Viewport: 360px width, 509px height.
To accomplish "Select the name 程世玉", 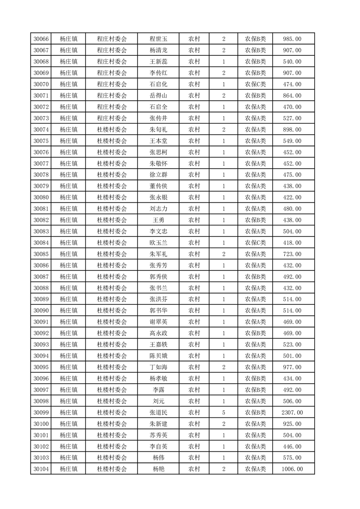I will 158,39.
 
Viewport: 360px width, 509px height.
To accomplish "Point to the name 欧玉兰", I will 158,243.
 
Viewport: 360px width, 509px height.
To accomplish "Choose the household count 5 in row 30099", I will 224,412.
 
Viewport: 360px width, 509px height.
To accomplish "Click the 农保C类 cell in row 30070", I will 256,84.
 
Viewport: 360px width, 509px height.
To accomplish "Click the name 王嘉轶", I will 158,344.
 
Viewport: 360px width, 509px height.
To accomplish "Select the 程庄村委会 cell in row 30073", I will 112,118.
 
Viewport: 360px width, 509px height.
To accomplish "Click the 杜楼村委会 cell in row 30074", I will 112,130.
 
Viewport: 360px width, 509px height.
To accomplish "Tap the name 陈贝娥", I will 158,356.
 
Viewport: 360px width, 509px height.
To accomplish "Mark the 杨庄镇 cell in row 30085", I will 69,254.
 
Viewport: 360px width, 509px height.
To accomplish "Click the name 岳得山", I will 158,96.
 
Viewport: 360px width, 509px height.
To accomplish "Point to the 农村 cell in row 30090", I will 194,310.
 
